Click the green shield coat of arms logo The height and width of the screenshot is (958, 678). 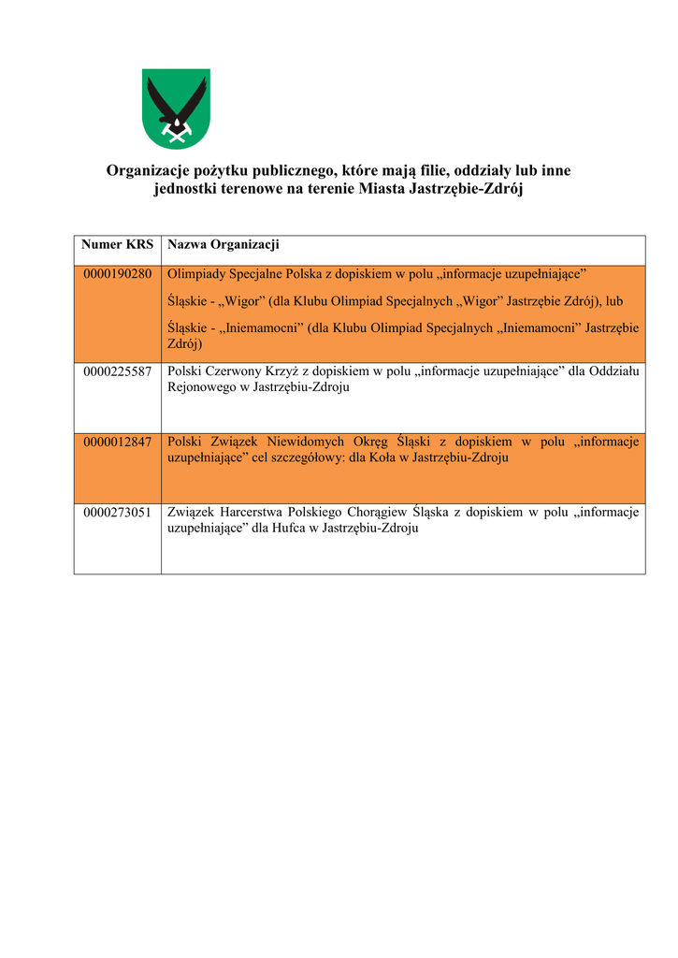pos(175,109)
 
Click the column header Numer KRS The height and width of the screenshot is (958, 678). pos(117,245)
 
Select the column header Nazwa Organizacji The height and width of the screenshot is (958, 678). pos(224,245)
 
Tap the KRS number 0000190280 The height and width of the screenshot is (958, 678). pos(117,274)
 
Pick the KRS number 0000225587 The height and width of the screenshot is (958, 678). pos(117,371)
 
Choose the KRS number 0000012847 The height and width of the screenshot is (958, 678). pos(117,443)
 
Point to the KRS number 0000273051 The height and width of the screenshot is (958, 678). pos(117,513)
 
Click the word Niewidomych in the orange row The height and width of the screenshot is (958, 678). pos(311,443)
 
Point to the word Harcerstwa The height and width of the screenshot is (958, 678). pos(254,513)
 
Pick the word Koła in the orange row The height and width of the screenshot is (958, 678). pos(382,458)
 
